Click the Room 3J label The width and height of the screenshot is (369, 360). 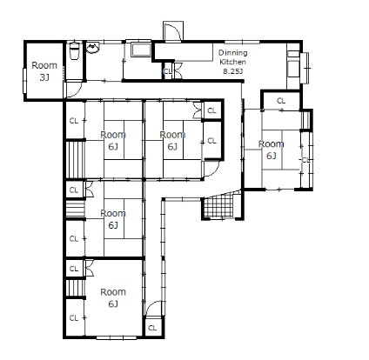(44, 71)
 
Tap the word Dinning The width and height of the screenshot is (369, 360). (233, 53)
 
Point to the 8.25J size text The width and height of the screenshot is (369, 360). (232, 71)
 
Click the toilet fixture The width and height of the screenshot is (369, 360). (74, 50)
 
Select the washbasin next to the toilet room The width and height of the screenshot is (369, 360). (93, 48)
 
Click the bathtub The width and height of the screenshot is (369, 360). (141, 50)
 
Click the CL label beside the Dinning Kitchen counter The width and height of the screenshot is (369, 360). (168, 71)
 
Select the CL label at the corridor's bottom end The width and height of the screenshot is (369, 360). (152, 328)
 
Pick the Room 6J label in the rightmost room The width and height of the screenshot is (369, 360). (271, 150)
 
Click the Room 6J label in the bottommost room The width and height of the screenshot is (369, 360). (113, 297)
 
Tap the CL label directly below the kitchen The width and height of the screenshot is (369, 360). (281, 101)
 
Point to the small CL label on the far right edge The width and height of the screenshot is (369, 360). (305, 160)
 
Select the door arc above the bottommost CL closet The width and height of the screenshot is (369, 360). (154, 306)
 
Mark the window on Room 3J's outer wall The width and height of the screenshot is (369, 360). (24, 81)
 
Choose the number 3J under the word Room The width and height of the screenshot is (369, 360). (44, 77)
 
